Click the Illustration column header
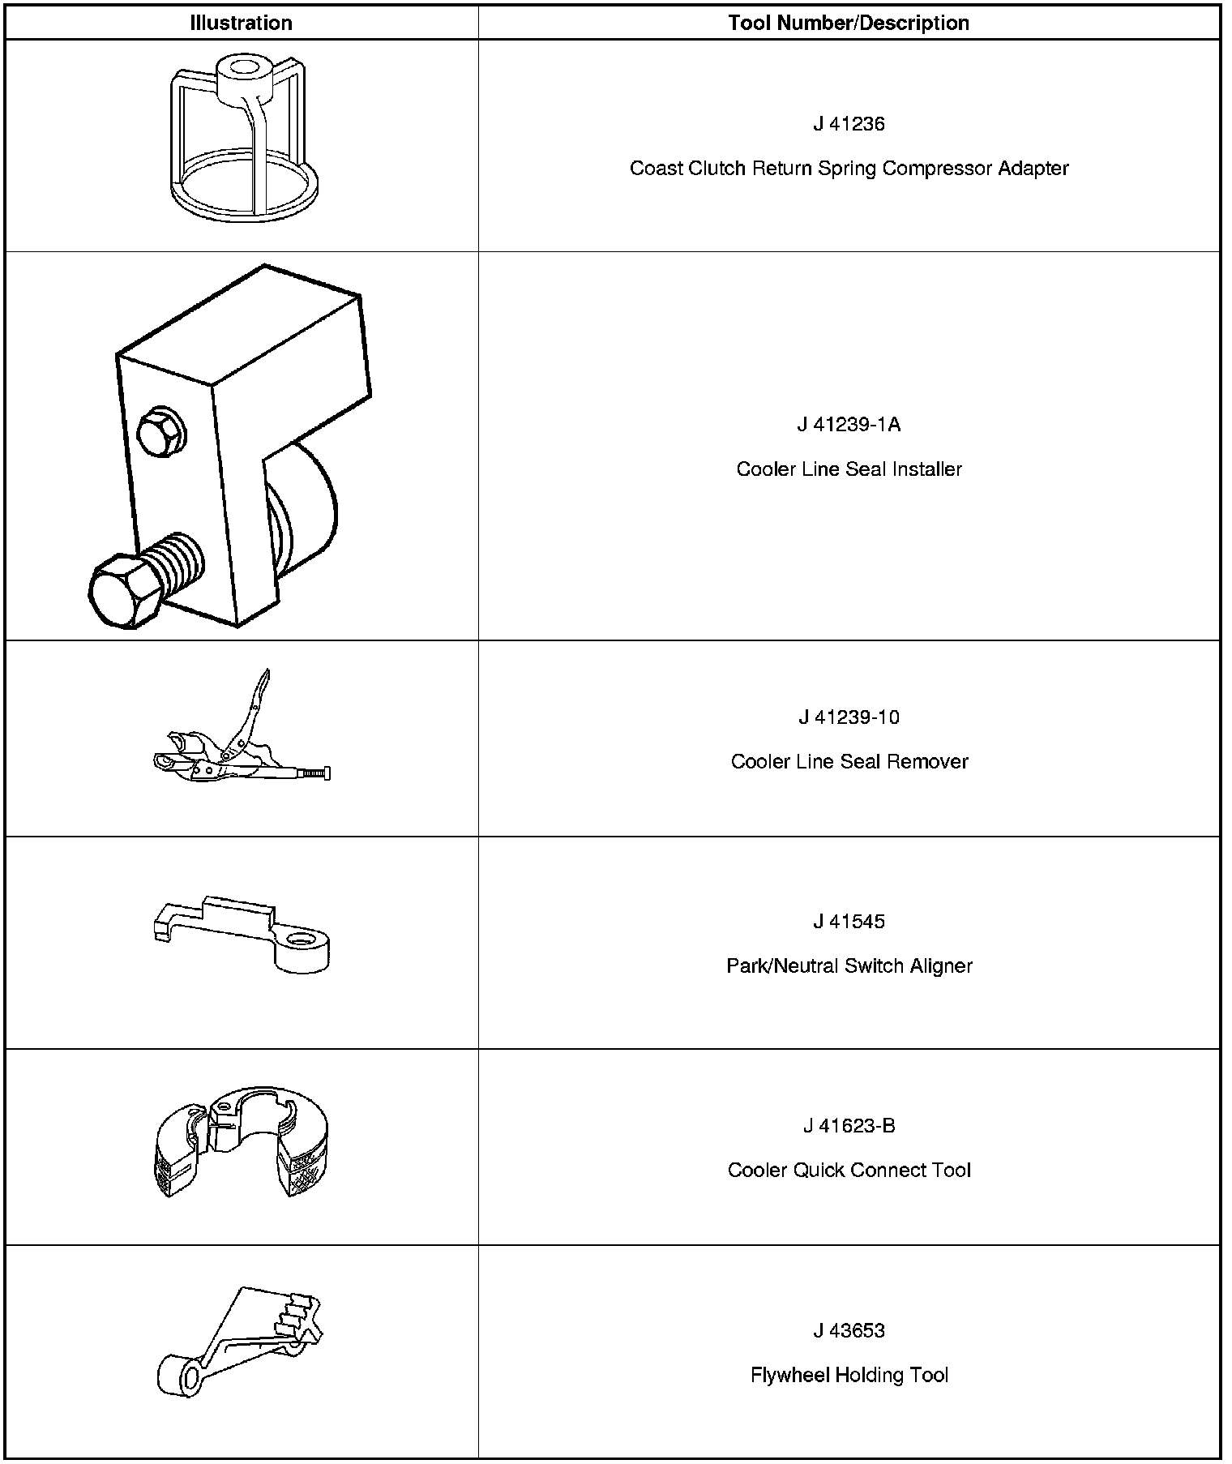tap(241, 23)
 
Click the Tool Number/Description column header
tap(849, 23)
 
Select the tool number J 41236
tap(849, 124)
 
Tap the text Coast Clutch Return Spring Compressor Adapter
tap(849, 169)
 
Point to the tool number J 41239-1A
tap(849, 425)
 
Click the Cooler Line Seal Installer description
tap(849, 469)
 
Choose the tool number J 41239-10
tap(849, 717)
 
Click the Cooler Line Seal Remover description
tap(849, 762)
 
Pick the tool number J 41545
tap(849, 922)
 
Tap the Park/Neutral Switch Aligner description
tap(849, 966)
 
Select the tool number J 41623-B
tap(849, 1126)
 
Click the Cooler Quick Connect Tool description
tap(849, 1171)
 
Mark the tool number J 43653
tap(849, 1331)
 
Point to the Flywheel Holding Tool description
tap(849, 1376)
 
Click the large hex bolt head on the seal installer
tap(122, 593)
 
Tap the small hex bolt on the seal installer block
tap(160, 431)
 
